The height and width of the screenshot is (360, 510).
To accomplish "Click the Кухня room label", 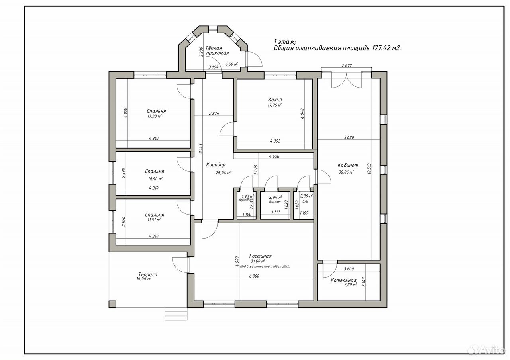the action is coord(275,100).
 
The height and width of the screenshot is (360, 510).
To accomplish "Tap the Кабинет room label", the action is coord(348,165).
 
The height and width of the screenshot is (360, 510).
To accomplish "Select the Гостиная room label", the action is coord(261,256).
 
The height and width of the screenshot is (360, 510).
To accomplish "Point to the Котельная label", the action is coord(343,280).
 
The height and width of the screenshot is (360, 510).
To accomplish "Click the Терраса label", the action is coord(148,274).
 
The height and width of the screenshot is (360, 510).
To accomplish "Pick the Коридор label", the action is coord(216,165).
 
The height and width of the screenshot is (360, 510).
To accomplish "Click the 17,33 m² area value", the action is coord(155,116).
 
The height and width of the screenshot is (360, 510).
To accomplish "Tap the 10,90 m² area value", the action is coord(155,179).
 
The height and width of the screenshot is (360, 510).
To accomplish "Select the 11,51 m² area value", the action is coord(154,220).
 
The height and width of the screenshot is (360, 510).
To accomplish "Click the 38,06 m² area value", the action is coord(346,172).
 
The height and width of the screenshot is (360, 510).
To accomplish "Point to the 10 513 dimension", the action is coord(369,168).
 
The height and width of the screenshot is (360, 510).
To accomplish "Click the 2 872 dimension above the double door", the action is coord(347,65).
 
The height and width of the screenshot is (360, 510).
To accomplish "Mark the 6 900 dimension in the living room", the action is coord(254,276).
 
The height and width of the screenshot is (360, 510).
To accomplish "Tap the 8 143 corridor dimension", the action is coord(200,149).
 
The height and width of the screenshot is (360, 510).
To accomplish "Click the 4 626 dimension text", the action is coord(274,156).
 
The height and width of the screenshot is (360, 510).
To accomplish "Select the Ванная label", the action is coord(275,202).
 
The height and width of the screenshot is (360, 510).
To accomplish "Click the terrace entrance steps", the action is coord(176,314).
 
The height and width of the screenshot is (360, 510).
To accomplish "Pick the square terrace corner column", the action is coord(112,304).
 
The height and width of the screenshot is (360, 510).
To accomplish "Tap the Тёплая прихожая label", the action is coord(217,51).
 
